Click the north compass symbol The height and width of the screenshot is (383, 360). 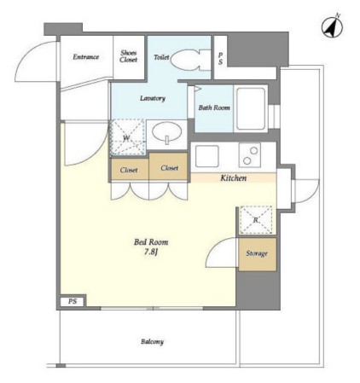tap(332, 27)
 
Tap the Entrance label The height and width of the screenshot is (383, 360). tap(86, 57)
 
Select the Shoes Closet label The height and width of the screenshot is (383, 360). tap(129, 56)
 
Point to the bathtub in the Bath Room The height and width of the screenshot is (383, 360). tap(251, 108)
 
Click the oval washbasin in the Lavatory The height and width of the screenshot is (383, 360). tap(166, 132)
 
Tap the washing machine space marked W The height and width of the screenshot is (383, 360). tap(128, 137)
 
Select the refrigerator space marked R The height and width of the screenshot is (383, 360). tap(256, 220)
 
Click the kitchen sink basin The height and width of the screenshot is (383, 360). tap(206, 156)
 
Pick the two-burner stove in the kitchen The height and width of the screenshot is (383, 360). tap(250, 155)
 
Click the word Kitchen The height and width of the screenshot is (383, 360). tap(234, 178)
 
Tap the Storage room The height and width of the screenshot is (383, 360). tap(258, 254)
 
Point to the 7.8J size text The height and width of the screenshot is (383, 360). tap(151, 252)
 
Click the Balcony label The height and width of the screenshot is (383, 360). tap(152, 341)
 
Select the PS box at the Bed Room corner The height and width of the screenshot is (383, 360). tap(73, 301)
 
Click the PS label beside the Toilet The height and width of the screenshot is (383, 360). tap(220, 59)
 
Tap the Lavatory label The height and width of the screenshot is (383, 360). tap(153, 98)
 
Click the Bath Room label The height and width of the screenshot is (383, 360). tap(214, 107)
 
